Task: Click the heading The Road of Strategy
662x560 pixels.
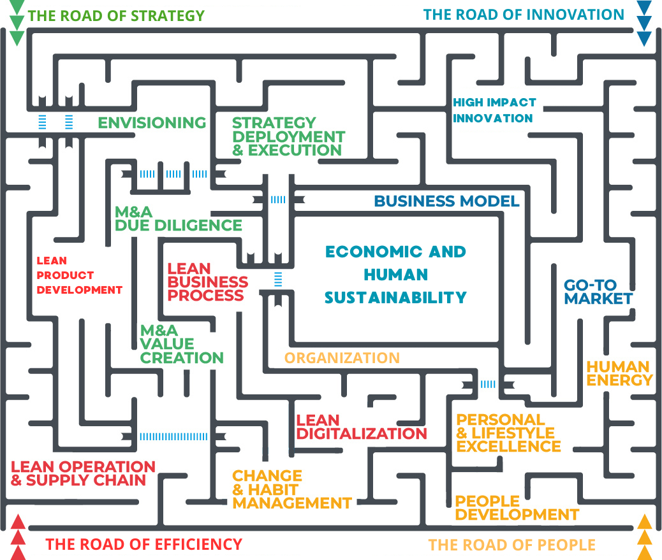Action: coord(116,15)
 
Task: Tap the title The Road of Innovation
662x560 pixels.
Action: coord(524,14)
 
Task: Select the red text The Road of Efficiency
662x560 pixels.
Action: coord(143,545)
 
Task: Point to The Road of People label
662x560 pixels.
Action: coord(511,545)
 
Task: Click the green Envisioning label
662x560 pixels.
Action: coord(152,122)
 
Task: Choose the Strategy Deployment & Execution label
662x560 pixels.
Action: coord(288,136)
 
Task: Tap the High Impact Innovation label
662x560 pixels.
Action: coord(494,110)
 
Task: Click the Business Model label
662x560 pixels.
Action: coord(446,201)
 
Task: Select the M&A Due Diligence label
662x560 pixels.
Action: coord(178,219)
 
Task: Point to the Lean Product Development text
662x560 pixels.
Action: coord(79,275)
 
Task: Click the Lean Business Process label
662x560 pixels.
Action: coord(207,282)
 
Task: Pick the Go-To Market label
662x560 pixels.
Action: coord(598,292)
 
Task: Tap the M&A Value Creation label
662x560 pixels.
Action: coord(181,345)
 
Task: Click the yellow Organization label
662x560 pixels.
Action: coord(342,358)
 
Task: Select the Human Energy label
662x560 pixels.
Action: coord(619,373)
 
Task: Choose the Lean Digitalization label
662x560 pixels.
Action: coord(361,427)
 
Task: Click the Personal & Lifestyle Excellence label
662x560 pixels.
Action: coord(508,433)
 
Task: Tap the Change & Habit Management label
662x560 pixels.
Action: coord(291,489)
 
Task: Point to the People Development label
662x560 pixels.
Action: coord(517,507)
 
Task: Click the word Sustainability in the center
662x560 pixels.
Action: coord(395,298)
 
